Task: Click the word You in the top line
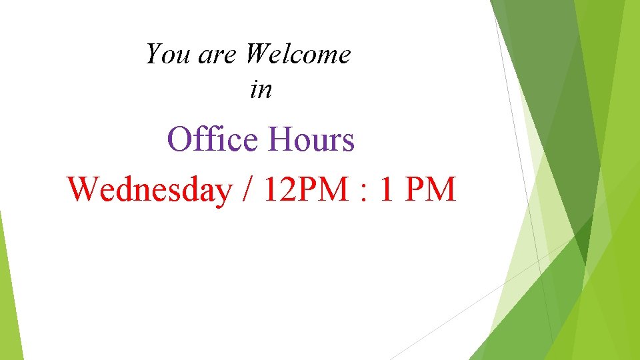coord(168,54)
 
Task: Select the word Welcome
coord(297,54)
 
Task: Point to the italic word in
coord(261,89)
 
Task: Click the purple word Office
coord(213,140)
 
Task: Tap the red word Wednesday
coord(148,191)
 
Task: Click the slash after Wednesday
coord(247,191)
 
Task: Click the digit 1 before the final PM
coord(387,189)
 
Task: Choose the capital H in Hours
coord(280,140)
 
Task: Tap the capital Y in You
coord(154,53)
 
